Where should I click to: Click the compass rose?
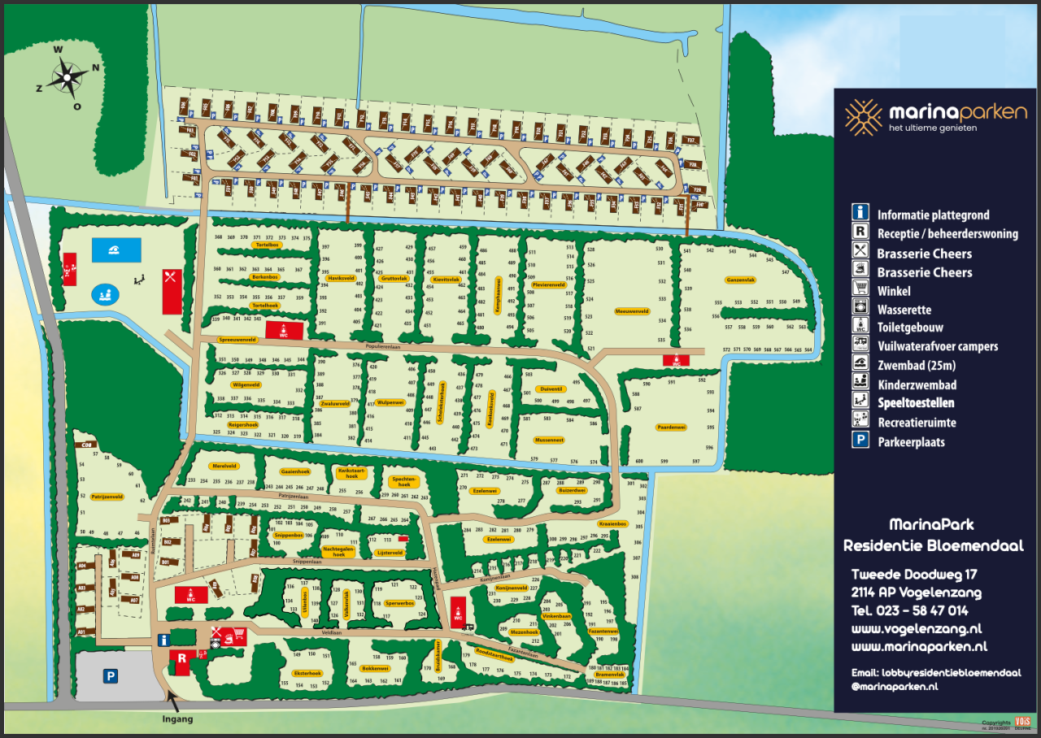68,78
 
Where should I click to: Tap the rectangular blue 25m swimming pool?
116,250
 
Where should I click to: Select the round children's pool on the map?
104,294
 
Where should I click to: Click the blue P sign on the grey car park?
110,675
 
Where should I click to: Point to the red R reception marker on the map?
182,658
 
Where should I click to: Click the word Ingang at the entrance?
176,718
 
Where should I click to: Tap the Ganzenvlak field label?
740,280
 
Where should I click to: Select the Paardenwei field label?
671,427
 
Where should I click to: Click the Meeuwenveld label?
632,310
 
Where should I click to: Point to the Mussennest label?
549,440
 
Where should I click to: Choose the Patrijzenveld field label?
107,496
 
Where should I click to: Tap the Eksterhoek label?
307,673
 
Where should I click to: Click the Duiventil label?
551,389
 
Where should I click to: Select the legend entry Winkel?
894,291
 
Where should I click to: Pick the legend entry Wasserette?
904,310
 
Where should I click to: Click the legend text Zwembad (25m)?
915,366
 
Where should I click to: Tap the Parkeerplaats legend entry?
911,442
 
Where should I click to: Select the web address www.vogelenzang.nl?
917,628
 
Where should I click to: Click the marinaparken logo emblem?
863,117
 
